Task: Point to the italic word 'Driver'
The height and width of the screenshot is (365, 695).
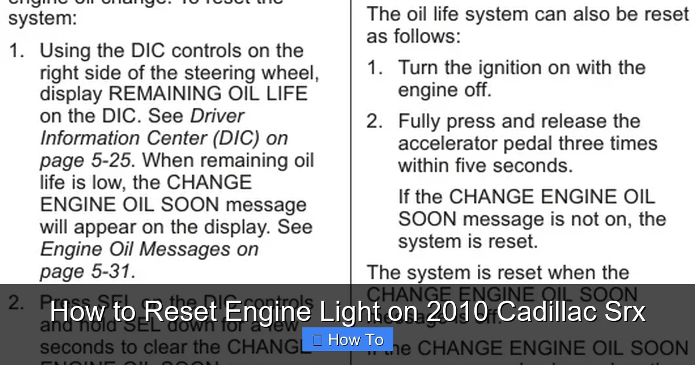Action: (217, 116)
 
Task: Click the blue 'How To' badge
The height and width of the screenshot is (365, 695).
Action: (348, 340)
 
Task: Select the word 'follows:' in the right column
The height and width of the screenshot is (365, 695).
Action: (427, 37)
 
